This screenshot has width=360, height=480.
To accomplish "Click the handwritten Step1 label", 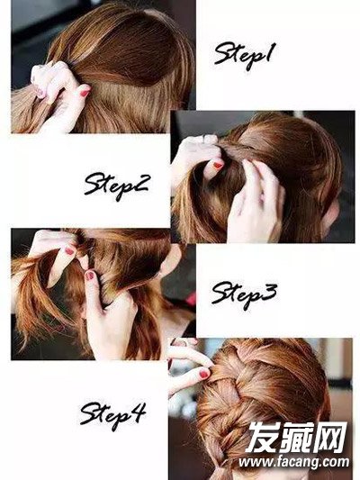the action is click(246, 56).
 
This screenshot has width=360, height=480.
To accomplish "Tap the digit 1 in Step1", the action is click(270, 52).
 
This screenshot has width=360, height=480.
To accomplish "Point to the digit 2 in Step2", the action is click(140, 183).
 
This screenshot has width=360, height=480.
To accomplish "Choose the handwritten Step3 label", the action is click(245, 294).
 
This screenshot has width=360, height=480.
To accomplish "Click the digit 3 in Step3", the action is click(269, 292).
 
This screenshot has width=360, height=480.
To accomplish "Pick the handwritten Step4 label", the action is click(113, 415).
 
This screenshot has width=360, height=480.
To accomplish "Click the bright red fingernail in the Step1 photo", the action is click(85, 92).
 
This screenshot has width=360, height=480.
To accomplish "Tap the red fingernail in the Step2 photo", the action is click(218, 166).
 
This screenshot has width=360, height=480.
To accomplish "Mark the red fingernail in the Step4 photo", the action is click(203, 374).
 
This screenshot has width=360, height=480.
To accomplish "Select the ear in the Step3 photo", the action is click(170, 259).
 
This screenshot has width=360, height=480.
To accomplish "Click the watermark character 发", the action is click(263, 437).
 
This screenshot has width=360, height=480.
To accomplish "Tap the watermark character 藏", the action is click(295, 437).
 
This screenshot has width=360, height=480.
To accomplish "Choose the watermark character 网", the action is click(329, 437).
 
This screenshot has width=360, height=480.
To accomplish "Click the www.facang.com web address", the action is click(294, 462).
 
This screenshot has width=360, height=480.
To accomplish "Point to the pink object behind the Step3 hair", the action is click(191, 299).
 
